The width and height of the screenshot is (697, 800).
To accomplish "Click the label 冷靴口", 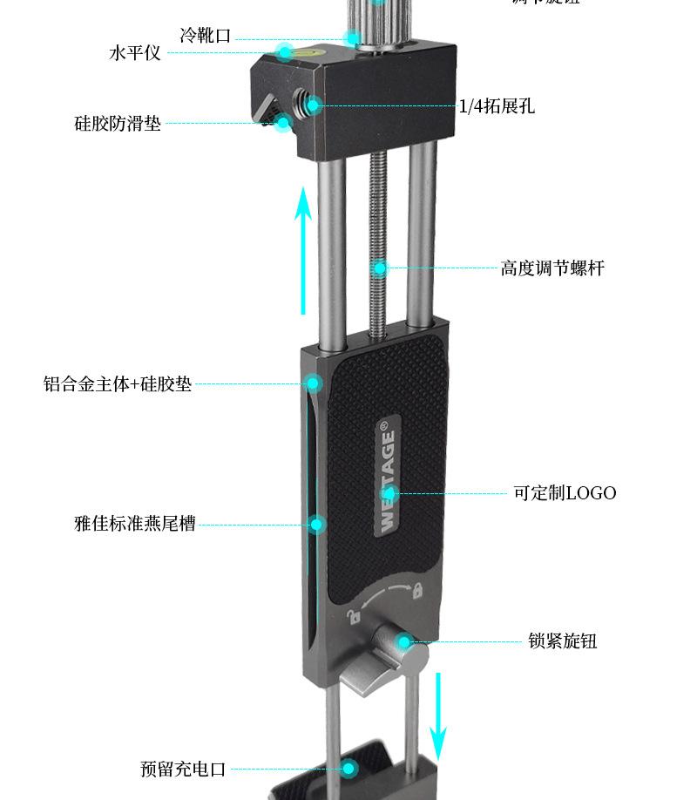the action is pos(206,36).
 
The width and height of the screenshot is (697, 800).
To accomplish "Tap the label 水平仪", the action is pos(135,52).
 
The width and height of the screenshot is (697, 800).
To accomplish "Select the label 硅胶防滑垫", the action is pos(118,123).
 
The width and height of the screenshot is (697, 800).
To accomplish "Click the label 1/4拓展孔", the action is pos(497,106).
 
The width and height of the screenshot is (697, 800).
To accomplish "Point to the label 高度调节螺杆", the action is pos(552,268).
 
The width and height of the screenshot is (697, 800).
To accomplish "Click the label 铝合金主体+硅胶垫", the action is pos(118,383).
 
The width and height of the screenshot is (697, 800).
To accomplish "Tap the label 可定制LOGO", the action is pos(565,493).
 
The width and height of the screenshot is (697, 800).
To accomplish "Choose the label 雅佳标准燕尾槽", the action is pos(135,524).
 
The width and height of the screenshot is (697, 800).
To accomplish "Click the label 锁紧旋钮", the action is pos(563,641).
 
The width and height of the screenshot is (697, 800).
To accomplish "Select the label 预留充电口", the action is pos(183,769).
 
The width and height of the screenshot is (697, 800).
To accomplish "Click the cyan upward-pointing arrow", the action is pos(302,251).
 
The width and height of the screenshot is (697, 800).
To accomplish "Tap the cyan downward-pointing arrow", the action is pos(439,715).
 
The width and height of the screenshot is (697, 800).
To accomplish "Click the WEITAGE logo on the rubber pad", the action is pos(388,478).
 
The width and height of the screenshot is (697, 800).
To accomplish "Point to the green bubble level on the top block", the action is pos(285,53).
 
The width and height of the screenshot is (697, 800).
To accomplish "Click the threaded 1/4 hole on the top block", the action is pos(308,105).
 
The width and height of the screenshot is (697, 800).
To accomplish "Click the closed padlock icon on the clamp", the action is pos(417,590).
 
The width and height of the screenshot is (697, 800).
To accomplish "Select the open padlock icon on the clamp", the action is pos(355,617).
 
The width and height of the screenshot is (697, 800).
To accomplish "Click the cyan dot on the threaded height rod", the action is pos(378,268).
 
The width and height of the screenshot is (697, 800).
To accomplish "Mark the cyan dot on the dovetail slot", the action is pos(317,524).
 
